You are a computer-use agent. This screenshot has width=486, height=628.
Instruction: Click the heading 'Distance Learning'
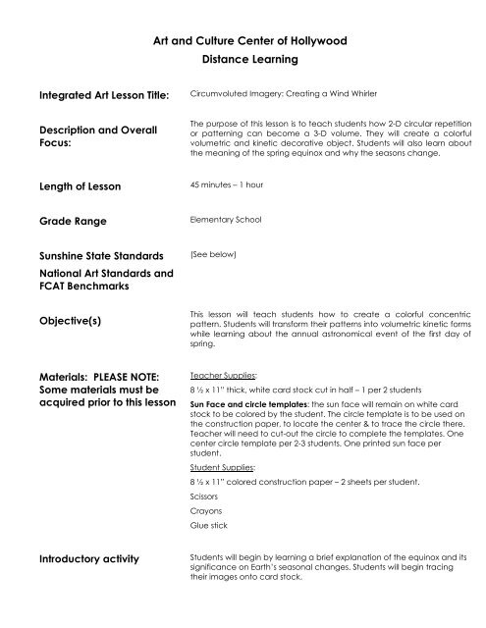click(243, 60)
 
